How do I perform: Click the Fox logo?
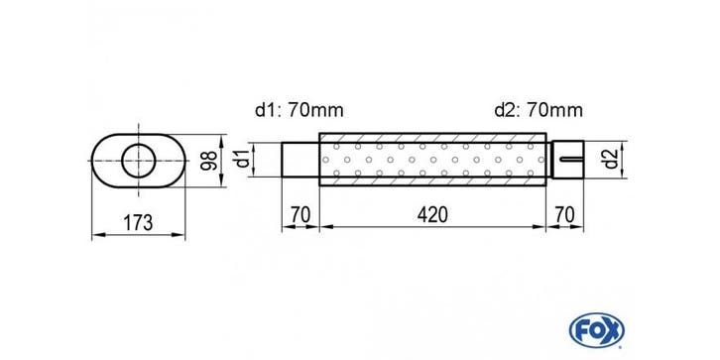pyautogui.click(x=596, y=329)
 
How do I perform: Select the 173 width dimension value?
pyautogui.click(x=138, y=223)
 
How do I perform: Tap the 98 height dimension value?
pyautogui.click(x=209, y=161)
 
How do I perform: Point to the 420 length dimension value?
pyautogui.click(x=432, y=215)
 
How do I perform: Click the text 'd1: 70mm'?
pyautogui.click(x=299, y=110)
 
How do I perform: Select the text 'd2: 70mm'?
pyautogui.click(x=539, y=110)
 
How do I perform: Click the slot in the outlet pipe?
pyautogui.click(x=571, y=160)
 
